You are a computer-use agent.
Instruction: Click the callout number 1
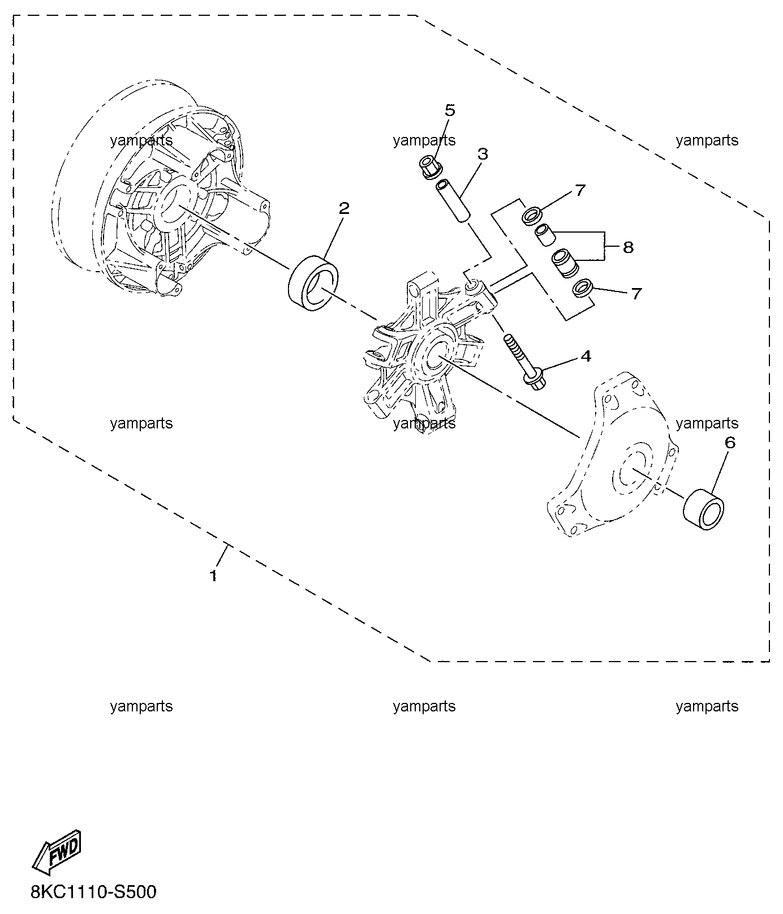point(213,576)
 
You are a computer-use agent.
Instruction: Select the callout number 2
point(344,208)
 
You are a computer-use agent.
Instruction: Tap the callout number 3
point(483,153)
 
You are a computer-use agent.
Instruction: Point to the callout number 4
point(586,356)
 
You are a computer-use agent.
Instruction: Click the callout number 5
point(450,110)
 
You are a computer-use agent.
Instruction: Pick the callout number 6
point(730,443)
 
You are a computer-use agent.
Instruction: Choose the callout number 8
point(627,247)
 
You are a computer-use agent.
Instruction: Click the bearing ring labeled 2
point(313,282)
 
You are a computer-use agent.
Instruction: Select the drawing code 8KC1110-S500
point(94,892)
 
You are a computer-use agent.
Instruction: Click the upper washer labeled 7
point(532,216)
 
